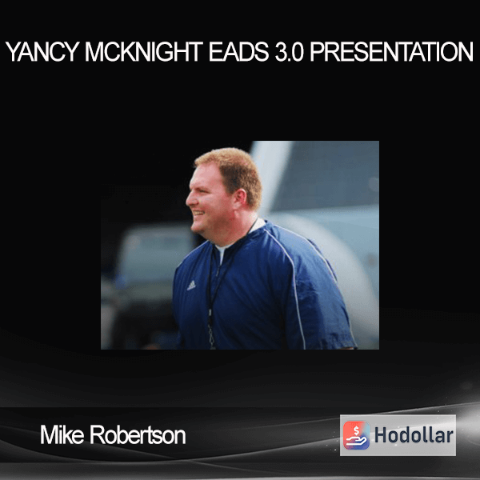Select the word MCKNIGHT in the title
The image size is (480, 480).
point(143,52)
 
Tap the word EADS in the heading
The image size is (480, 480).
point(238,52)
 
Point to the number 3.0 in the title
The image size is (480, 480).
point(290,52)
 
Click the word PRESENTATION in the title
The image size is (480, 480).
point(391,52)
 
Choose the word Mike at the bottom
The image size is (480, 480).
point(62,434)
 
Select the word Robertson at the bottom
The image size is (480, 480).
point(138,434)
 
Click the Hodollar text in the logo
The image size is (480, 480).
point(414,435)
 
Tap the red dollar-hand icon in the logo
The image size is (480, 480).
point(356,435)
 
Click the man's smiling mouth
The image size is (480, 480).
point(198,212)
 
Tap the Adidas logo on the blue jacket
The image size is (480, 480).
point(191,286)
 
